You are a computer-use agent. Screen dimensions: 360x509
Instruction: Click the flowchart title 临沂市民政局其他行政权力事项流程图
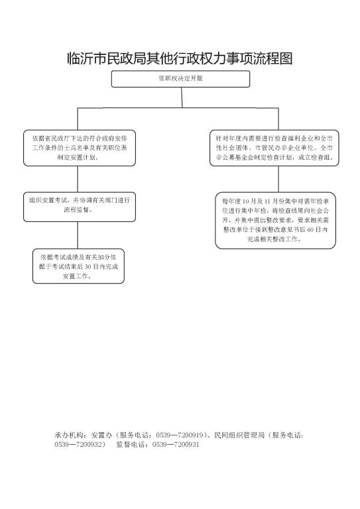pyautogui.click(x=180, y=58)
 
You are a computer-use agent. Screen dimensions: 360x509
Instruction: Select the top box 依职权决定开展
pyautogui.click(x=180, y=79)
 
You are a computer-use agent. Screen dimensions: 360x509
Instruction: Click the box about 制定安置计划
pyautogui.click(x=79, y=148)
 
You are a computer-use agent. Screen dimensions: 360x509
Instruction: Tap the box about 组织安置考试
pyautogui.click(x=79, y=207)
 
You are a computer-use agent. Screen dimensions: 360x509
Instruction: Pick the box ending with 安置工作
pyautogui.click(x=78, y=266)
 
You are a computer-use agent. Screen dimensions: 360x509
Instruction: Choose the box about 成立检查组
pyautogui.click(x=274, y=148)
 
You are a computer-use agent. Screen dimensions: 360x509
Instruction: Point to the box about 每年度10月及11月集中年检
pyautogui.click(x=275, y=221)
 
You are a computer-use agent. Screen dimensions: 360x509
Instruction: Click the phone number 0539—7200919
pyautogui.click(x=180, y=435)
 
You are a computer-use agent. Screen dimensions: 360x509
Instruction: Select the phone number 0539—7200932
pyautogui.click(x=78, y=445)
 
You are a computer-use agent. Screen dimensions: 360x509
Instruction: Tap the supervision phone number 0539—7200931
pyautogui.click(x=175, y=445)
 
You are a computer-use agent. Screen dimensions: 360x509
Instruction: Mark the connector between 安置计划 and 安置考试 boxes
pyautogui.click(x=78, y=179)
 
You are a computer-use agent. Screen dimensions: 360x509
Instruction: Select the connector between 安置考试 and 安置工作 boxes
pyautogui.click(x=78, y=235)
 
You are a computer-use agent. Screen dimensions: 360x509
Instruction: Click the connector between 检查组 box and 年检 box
pyautogui.click(x=278, y=179)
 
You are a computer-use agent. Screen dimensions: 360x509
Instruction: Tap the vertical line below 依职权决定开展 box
pyautogui.click(x=182, y=97)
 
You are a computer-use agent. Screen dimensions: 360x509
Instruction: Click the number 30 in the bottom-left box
pyautogui.click(x=88, y=267)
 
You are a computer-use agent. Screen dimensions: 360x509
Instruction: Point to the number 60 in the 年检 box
pyautogui.click(x=310, y=230)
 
